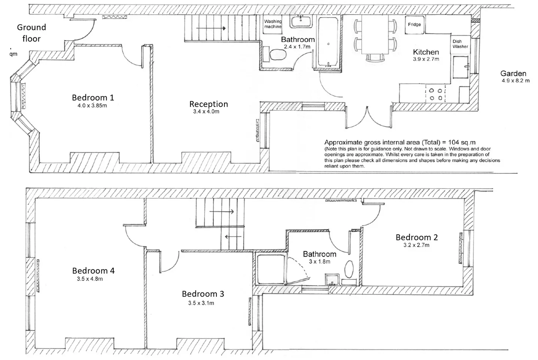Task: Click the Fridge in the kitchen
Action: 415,25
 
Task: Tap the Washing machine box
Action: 272,24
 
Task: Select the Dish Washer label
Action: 460,44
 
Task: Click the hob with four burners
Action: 436,94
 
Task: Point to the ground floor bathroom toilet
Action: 278,55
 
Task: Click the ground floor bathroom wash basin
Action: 301,22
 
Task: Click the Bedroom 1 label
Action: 93,97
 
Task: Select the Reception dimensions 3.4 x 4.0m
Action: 206,111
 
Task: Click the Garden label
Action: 513,73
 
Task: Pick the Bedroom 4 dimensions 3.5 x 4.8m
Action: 90,279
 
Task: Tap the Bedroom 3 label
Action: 203,294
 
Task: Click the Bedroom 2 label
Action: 417,237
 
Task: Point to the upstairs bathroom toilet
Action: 349,269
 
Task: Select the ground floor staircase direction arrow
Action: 211,28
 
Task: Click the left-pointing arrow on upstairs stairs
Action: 233,237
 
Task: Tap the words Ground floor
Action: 32,33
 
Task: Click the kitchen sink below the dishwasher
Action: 461,67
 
